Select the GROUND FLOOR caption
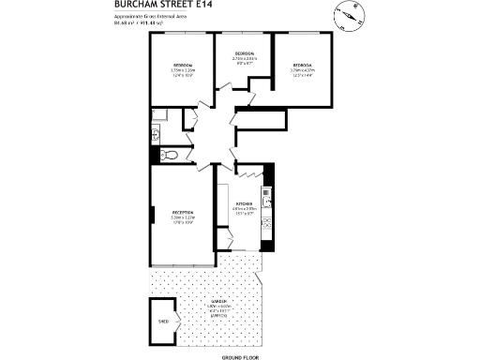pos(240,357)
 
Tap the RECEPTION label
pos(182,213)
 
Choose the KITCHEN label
pos(245,203)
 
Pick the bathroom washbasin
pos(155,135)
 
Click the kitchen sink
pos(266,198)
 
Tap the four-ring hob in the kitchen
pos(266,225)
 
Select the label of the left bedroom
pos(183,65)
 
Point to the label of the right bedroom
pos(302,65)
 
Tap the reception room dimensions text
pos(182,220)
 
